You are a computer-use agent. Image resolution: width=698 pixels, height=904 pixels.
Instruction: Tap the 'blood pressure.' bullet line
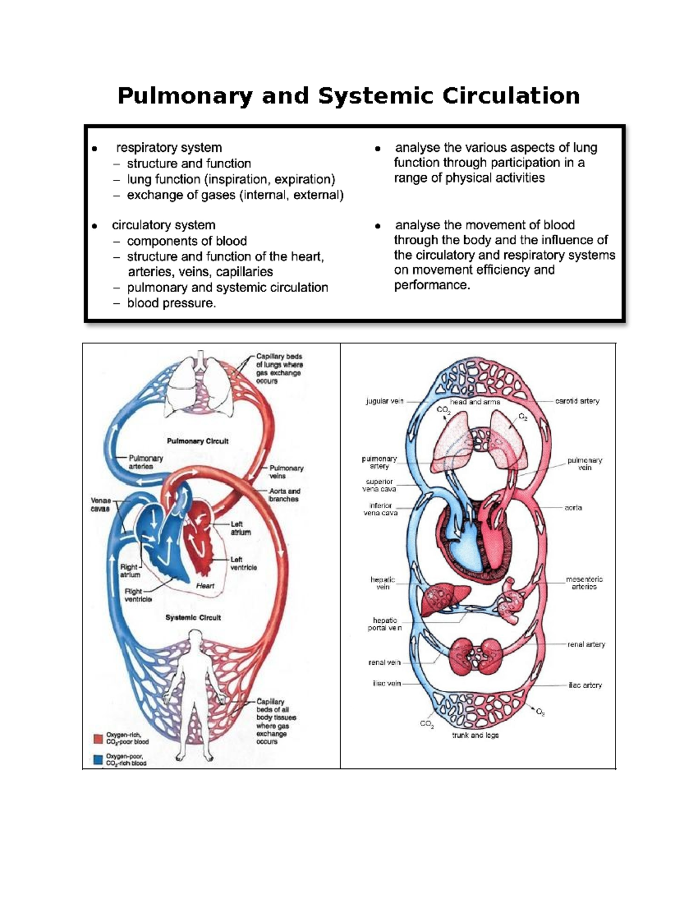point(171,303)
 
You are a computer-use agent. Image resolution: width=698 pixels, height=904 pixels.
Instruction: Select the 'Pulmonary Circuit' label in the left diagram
point(197,441)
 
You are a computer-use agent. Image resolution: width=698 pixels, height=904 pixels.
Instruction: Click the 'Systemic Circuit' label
point(193,618)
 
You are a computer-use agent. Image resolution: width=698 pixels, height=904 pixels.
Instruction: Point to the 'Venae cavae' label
point(100,505)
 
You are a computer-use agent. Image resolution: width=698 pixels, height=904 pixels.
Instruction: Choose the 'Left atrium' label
point(240,528)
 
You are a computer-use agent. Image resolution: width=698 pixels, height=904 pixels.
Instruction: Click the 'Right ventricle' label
point(138,595)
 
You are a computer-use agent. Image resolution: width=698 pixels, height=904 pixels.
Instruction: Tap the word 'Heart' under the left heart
point(205,586)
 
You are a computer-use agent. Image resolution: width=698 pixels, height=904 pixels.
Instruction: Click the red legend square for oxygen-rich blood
point(98,738)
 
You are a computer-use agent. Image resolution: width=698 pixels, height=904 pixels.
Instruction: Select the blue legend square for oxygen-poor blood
point(98,759)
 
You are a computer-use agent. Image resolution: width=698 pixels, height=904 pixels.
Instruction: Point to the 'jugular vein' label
point(384,401)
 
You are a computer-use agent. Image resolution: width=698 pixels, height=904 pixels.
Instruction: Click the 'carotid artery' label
point(577,401)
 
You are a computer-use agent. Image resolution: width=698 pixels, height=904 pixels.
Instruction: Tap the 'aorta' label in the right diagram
point(573,508)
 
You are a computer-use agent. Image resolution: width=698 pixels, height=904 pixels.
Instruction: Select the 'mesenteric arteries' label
point(584,583)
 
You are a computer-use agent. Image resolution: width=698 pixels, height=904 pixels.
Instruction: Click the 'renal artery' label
point(586,644)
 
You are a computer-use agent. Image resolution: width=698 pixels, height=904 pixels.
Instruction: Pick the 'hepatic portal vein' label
point(384,624)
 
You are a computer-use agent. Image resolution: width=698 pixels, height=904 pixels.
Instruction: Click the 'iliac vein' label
point(387,683)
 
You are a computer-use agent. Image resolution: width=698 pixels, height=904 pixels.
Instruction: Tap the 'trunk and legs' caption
point(475,735)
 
